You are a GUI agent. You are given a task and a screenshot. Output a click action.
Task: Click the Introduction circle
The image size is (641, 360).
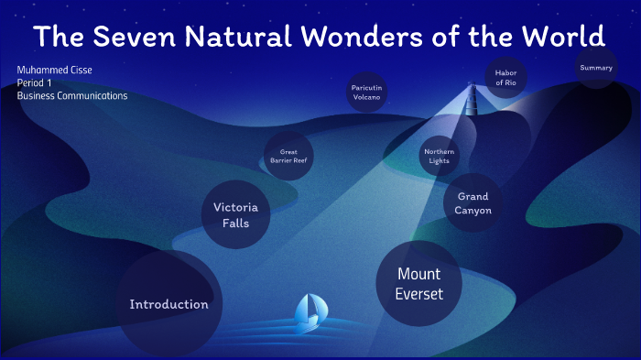tap(168, 304)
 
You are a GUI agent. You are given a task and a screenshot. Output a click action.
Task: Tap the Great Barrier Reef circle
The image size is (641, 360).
tap(288, 156)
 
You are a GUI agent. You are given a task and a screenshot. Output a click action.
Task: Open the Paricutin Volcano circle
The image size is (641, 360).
tap(366, 93)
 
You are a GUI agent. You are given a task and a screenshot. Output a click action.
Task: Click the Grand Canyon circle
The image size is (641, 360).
tap(473, 203)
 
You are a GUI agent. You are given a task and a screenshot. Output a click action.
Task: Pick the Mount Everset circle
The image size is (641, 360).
tap(418, 283)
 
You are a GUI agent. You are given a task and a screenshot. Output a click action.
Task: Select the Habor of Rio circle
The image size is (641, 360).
tap(505, 77)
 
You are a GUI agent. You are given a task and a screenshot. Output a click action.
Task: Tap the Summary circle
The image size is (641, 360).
tap(595, 68)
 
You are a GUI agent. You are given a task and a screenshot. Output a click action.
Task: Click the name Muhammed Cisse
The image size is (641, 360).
tap(54, 70)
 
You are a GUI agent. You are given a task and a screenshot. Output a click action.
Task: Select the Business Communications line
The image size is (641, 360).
tap(72, 95)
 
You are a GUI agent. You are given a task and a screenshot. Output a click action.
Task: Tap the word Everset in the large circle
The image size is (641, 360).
tap(418, 294)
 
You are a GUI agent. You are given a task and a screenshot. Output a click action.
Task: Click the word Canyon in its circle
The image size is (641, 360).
tap(473, 211)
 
